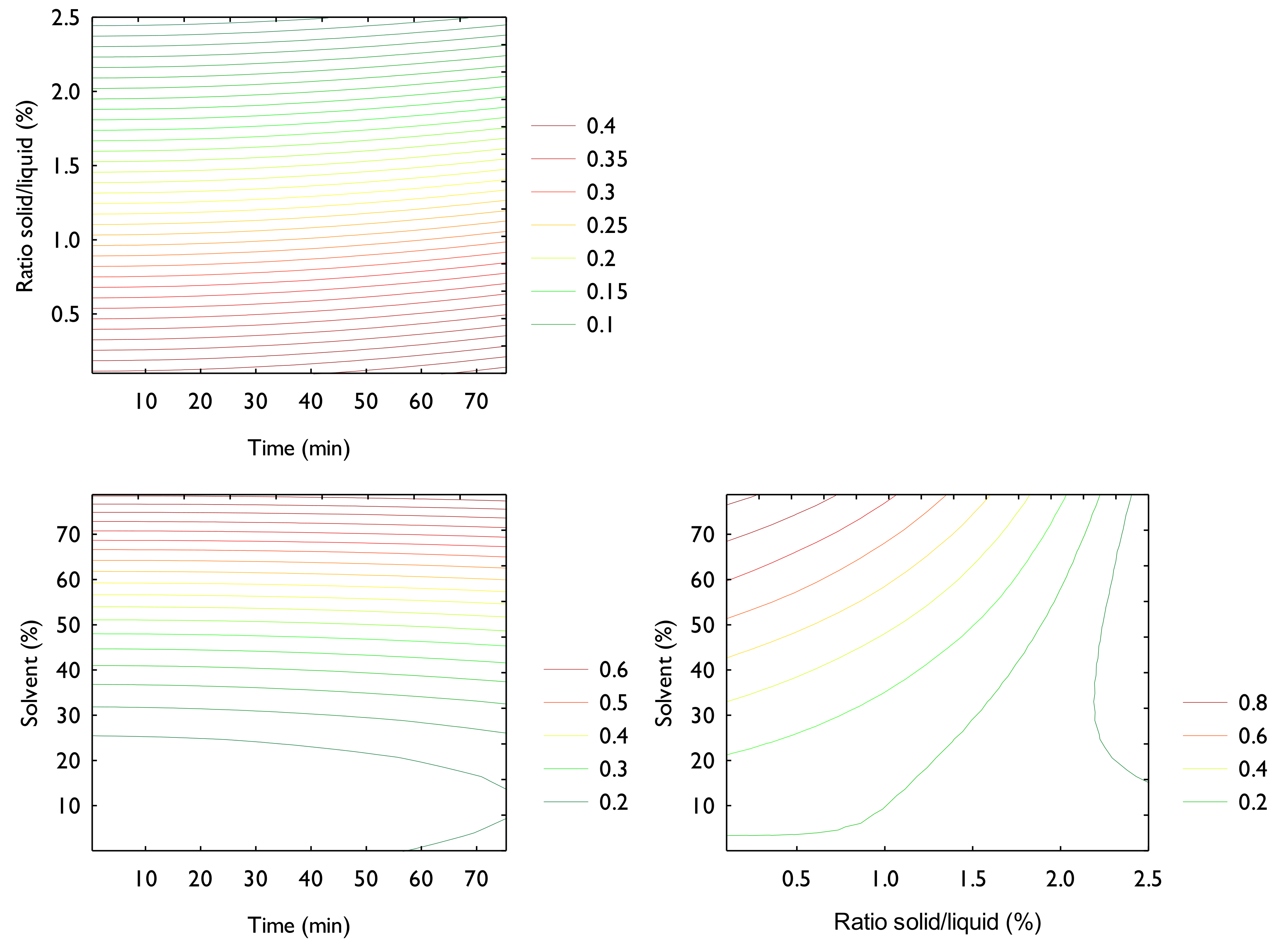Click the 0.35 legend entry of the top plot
pyautogui.click(x=606, y=159)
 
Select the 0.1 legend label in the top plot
pyautogui.click(x=600, y=325)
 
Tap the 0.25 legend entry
pyautogui.click(x=606, y=226)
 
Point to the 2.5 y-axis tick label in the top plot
pyautogui.click(x=66, y=18)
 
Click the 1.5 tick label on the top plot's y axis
pyautogui.click(x=66, y=166)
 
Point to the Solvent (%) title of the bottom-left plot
pyautogui.click(x=30, y=673)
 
